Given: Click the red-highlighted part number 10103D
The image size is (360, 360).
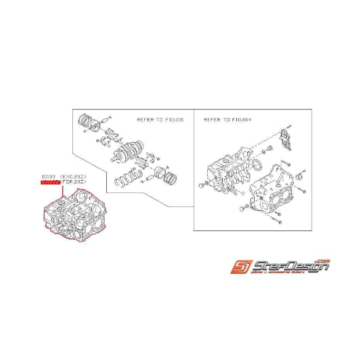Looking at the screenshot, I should tap(49, 181).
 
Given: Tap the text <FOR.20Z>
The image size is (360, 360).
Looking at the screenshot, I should tap(73, 181).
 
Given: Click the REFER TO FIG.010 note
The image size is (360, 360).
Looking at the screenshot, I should tap(160, 120).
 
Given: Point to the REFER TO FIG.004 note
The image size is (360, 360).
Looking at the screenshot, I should tap(227, 120).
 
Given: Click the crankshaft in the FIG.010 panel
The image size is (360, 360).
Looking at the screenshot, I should tap(128, 151).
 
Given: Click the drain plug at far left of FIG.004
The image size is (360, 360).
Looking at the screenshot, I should tap(201, 187).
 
